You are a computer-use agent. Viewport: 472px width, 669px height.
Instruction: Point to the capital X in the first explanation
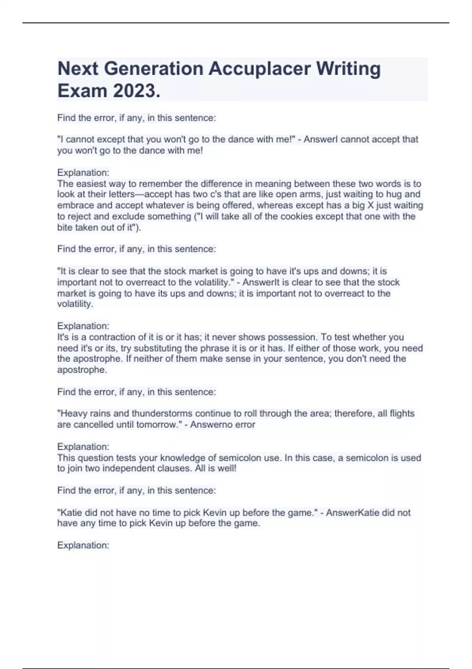pyautogui.click(x=370, y=205)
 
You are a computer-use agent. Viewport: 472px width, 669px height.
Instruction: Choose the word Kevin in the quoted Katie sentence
pyautogui.click(x=215, y=513)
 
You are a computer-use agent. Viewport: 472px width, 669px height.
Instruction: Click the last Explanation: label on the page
pyautogui.click(x=83, y=545)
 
